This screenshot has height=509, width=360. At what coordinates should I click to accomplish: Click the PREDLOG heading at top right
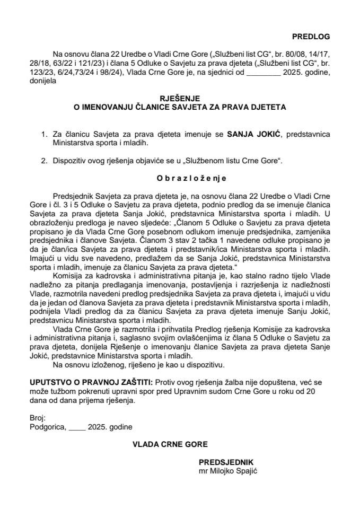(x=311, y=37)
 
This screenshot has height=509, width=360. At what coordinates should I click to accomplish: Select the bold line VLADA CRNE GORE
(x=170, y=444)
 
